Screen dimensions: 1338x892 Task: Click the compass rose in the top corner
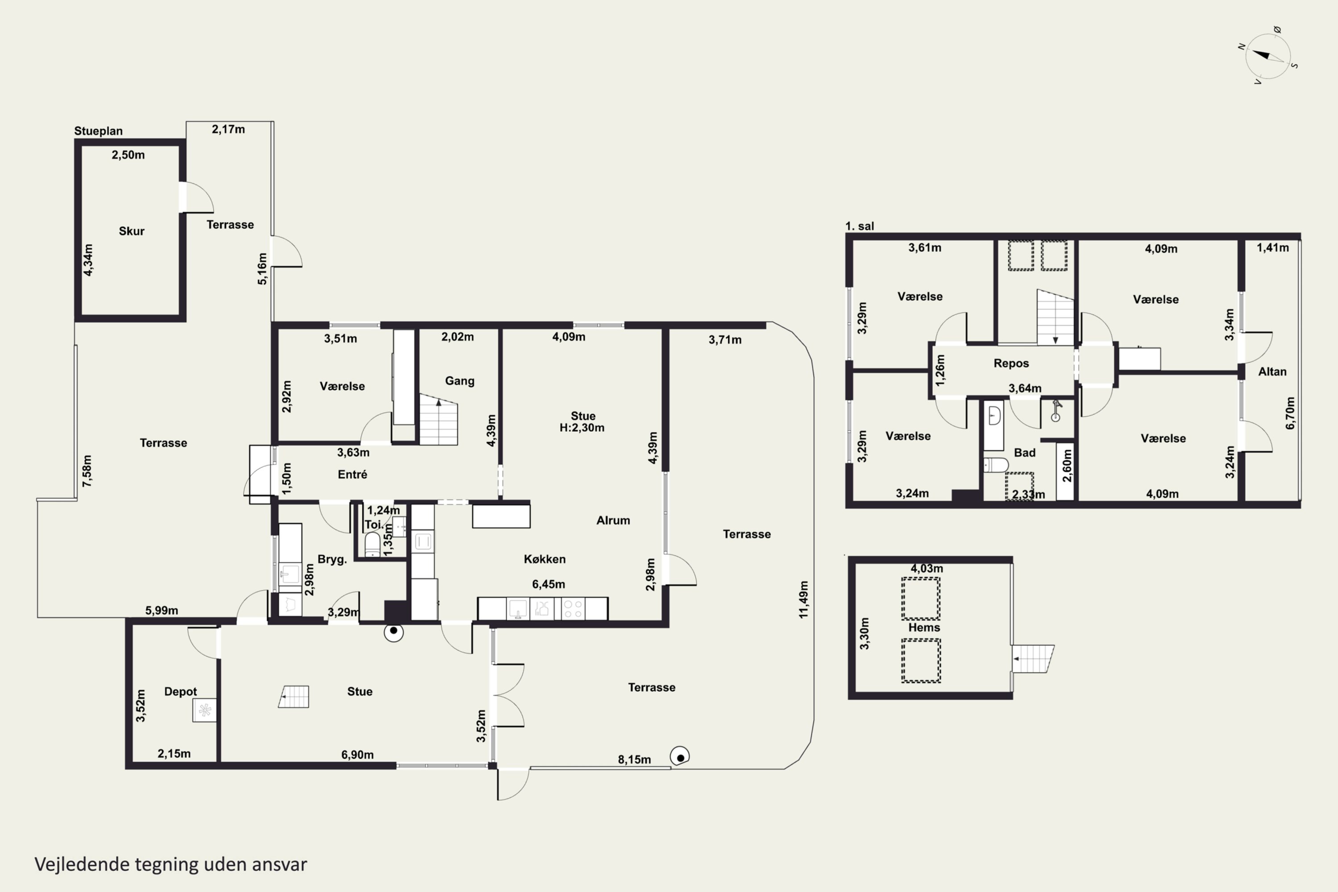tap(1268, 56)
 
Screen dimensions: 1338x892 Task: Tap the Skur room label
tap(132, 231)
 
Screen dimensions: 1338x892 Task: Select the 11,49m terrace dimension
tap(803, 599)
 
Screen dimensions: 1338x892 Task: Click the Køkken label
tap(545, 559)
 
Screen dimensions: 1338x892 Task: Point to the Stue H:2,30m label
tap(582, 421)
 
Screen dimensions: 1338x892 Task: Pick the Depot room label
tap(180, 692)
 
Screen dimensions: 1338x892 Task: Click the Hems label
tap(924, 628)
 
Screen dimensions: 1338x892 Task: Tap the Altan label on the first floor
tap(1272, 372)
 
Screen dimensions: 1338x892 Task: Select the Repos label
tap(1011, 363)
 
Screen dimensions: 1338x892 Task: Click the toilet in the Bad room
tap(995, 465)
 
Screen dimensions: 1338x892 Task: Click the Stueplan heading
tap(99, 131)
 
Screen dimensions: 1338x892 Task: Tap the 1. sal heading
tap(859, 226)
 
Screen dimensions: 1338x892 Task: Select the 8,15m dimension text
tap(634, 760)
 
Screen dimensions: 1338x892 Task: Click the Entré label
tap(352, 475)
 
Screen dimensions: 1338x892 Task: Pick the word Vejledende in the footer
tap(82, 864)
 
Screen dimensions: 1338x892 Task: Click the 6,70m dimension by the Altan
tap(1290, 413)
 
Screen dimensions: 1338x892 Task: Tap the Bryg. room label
tap(332, 559)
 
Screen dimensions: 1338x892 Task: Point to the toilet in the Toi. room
tap(372, 545)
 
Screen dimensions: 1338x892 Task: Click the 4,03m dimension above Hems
tap(927, 568)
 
